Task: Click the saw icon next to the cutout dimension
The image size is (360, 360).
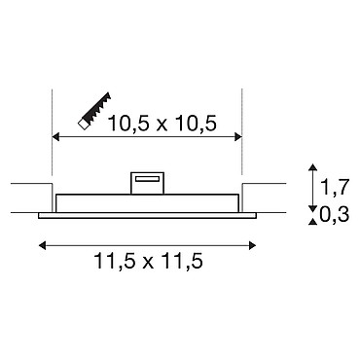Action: pos(94,111)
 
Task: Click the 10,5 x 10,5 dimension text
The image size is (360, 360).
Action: pos(162,124)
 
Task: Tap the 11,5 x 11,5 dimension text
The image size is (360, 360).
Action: pos(149,261)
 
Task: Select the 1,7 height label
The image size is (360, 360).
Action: pos(335,187)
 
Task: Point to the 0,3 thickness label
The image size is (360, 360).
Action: pos(334,214)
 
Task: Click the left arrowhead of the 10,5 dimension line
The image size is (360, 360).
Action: pos(56,137)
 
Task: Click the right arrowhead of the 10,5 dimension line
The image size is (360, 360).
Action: pos(238,137)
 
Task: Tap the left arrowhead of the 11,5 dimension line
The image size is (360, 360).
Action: pos(42,245)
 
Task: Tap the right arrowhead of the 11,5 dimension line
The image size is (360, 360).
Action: pos(252,245)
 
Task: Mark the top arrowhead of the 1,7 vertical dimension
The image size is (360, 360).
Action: pos(312,167)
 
